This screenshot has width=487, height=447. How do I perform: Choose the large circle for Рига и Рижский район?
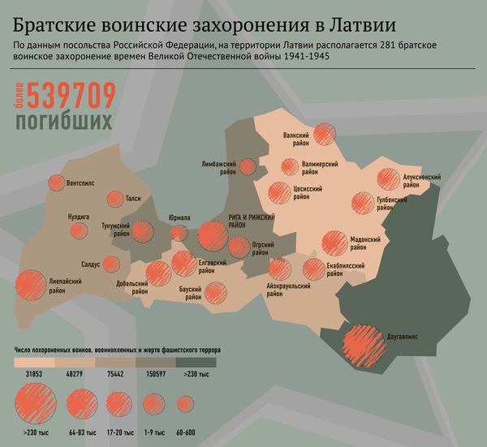pyautogui.click(x=213, y=235)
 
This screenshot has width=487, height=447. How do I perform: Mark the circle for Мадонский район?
pyautogui.click(x=334, y=242)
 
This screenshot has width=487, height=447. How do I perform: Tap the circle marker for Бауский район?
pyautogui.click(x=218, y=292)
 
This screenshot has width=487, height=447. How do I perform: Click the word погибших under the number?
pyautogui.click(x=62, y=122)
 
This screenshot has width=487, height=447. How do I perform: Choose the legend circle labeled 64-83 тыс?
pyautogui.click(x=80, y=403)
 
